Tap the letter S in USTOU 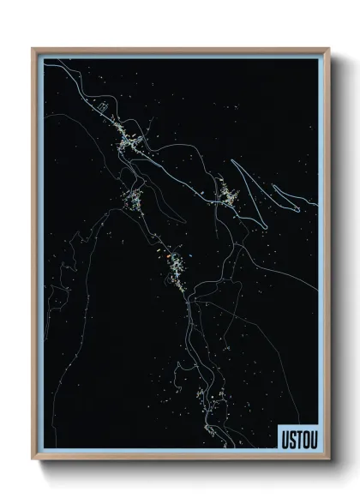[x=288, y=439]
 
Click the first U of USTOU [x=281, y=439]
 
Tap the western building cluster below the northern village [x=134, y=201]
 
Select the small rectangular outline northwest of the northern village [x=101, y=108]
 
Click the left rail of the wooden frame [x=34, y=257]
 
